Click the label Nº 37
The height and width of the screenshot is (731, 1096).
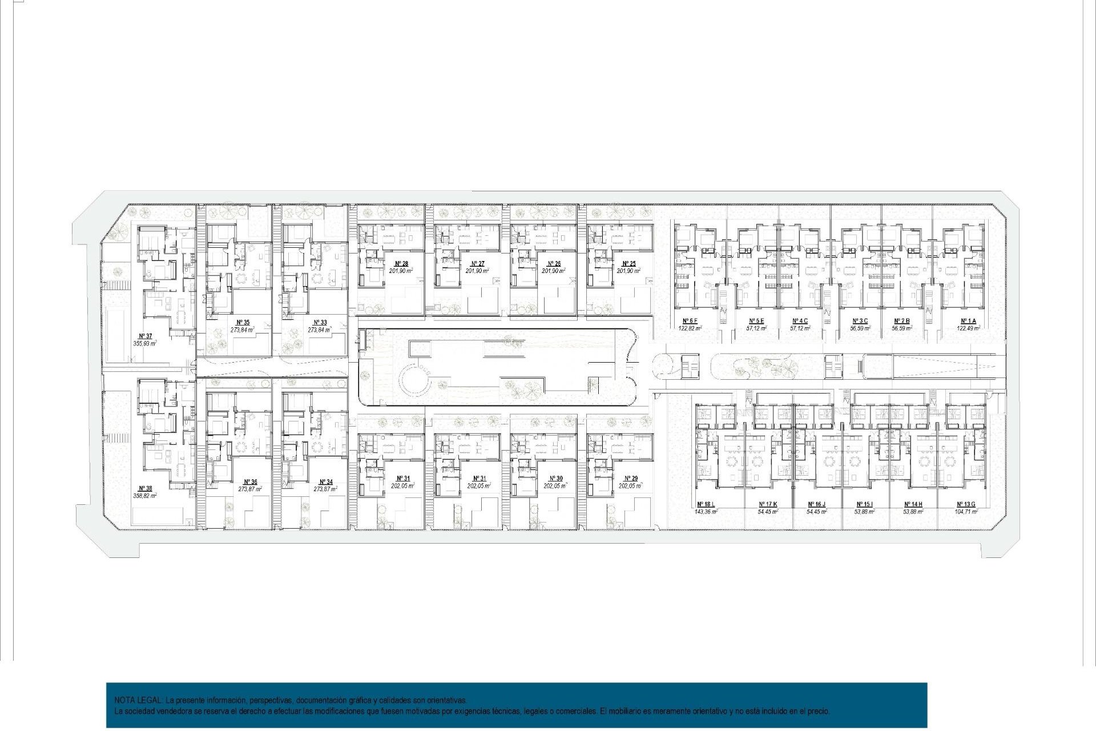click(145, 336)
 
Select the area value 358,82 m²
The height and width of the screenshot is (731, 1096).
click(145, 496)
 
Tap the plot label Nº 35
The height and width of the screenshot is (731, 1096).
click(243, 323)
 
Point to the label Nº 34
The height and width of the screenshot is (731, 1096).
click(325, 482)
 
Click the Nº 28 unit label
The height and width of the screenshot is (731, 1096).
click(401, 264)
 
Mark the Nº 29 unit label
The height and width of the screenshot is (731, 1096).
click(631, 479)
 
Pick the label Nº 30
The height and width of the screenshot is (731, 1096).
click(555, 479)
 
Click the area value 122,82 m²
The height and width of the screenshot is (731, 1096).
click(690, 328)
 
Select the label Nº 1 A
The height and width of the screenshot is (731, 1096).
click(968, 321)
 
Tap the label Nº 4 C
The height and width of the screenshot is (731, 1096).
click(800, 321)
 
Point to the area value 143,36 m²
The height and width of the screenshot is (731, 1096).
click(706, 512)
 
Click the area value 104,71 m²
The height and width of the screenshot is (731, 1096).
click(966, 512)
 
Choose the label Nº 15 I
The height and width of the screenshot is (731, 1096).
click(864, 505)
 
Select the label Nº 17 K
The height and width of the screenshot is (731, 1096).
click(768, 505)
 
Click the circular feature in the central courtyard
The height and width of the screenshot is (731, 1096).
click(416, 380)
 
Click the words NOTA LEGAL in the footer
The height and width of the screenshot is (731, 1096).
click(139, 700)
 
